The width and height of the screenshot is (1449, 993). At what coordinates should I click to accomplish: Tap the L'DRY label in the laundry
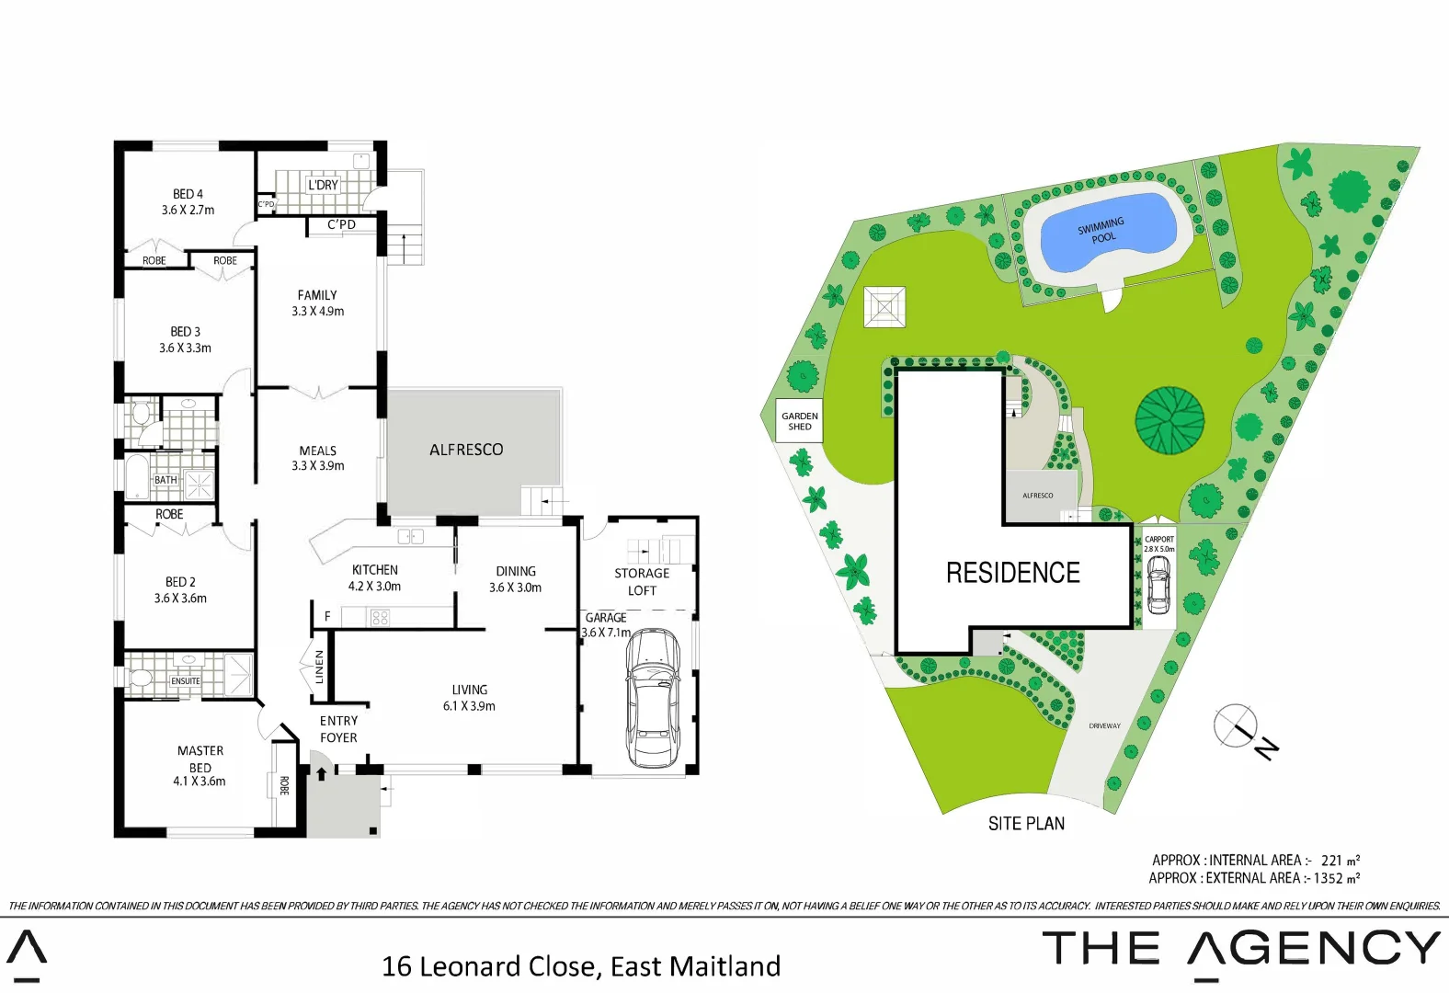[x=323, y=185]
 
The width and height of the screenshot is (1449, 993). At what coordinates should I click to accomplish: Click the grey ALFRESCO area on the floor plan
[x=466, y=450]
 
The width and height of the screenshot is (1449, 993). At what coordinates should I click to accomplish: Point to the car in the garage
[x=653, y=698]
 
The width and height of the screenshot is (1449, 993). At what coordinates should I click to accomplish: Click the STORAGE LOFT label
[x=642, y=581]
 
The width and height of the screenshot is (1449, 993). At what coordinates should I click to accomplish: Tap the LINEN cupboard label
[x=319, y=667]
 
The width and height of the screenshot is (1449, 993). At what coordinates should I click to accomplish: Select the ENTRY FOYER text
[x=338, y=729]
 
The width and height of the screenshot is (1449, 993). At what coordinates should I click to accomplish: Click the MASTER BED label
[x=200, y=759]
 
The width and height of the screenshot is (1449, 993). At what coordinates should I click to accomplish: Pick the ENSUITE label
[x=185, y=681]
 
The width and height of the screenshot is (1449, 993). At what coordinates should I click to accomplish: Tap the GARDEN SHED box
[x=799, y=421]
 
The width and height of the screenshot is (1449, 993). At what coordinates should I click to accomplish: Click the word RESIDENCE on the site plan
[x=1013, y=573]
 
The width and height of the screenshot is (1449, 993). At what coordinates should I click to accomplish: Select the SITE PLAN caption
[x=1026, y=824]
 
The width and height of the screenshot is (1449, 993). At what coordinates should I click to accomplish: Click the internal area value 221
[x=1331, y=861]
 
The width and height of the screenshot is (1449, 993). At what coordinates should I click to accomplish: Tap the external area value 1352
[x=1328, y=878]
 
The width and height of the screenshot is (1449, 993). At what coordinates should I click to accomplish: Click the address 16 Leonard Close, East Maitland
[x=580, y=966]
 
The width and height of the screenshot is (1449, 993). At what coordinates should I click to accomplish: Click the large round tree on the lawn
[x=1169, y=420]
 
